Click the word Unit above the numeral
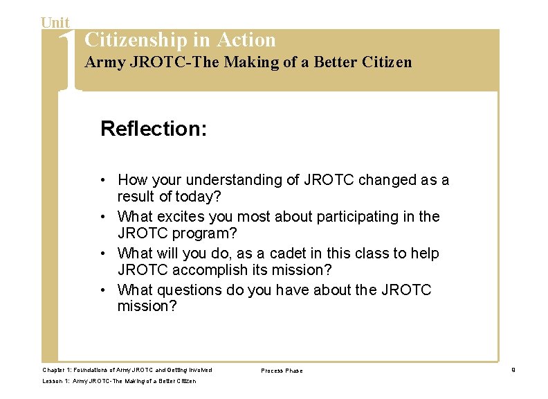(55, 23)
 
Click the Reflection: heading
(154, 128)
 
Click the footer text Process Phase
(282, 371)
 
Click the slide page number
(513, 370)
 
